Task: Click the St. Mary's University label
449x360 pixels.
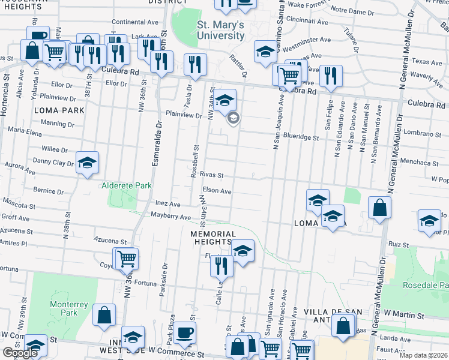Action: click(x=221, y=30)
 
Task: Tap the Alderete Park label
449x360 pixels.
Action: click(x=127, y=186)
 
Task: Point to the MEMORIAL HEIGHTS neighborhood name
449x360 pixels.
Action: click(x=211, y=237)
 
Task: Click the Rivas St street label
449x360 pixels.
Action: click(x=212, y=176)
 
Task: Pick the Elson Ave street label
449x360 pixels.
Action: click(x=217, y=191)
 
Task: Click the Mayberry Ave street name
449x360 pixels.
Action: click(x=170, y=215)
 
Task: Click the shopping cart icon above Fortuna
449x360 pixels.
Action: click(x=127, y=259)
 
